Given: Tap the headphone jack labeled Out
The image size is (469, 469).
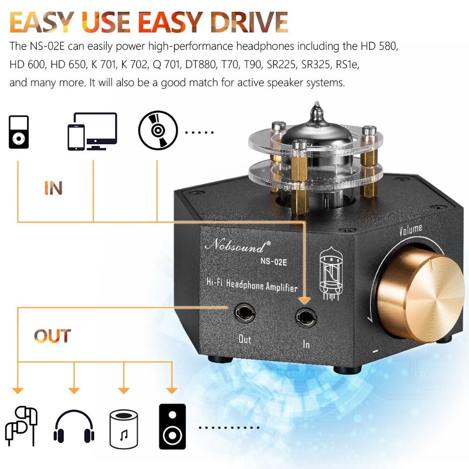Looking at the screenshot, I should pos(244,313).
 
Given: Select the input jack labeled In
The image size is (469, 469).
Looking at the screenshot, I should pos(306,318).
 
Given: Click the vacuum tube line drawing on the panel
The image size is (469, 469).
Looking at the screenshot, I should pos(330,272).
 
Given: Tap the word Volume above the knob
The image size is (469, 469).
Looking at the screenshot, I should pos(410,230).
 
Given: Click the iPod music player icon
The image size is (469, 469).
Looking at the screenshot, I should pos(19,132).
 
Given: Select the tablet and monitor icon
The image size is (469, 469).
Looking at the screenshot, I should pos(92,131).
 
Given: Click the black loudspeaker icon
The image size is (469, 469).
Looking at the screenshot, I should pos(173,426).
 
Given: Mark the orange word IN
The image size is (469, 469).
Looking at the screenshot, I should pos(53,188).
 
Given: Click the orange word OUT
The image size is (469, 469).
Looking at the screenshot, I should pos(52,336).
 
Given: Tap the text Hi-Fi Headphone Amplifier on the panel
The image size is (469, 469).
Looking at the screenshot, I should pos(252,284).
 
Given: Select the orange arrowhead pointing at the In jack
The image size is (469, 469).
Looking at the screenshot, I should pos(305,300).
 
